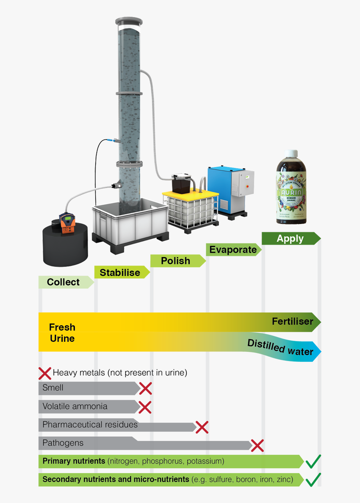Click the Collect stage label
tap(63, 282)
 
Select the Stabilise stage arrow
tap(120, 273)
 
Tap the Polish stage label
tap(175, 261)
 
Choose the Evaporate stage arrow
tap(233, 250)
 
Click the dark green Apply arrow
tap(290, 239)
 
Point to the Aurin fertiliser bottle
tap(292, 192)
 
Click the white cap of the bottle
tap(292, 154)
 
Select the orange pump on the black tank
tap(66, 224)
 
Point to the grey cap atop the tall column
tap(129, 20)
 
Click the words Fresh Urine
tap(62, 333)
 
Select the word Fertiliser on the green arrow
tap(292, 321)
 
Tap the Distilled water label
tap(280, 347)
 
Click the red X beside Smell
tap(145, 388)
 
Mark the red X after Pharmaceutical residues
tap(202, 427)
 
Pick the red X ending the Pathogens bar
tap(257, 445)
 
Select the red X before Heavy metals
tap(45, 373)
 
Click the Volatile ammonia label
tap(75, 407)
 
